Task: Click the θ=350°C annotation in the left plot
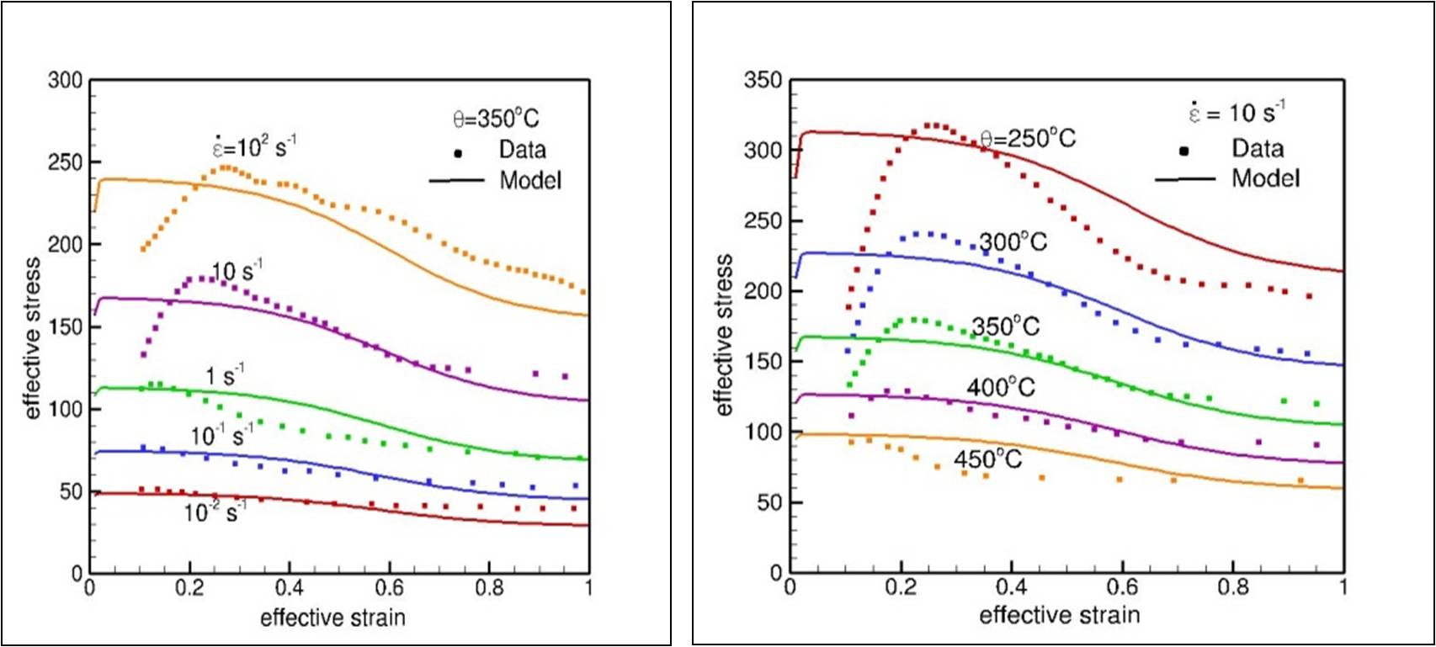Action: pyautogui.click(x=496, y=119)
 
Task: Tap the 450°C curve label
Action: pyautogui.click(x=987, y=459)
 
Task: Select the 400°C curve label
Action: pyautogui.click(x=1001, y=387)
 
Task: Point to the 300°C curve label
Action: pyautogui.click(x=1013, y=242)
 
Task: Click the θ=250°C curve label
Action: pyautogui.click(x=1028, y=138)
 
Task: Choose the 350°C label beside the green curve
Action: pyautogui.click(x=1006, y=326)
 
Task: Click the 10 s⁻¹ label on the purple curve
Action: pyautogui.click(x=237, y=271)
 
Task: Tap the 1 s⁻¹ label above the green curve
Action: pyautogui.click(x=225, y=375)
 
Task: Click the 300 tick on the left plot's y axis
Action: pyautogui.click(x=65, y=81)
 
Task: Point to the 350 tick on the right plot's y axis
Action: pyautogui.click(x=763, y=81)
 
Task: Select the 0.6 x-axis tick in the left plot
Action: pyautogui.click(x=389, y=587)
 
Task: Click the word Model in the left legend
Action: pyautogui.click(x=530, y=180)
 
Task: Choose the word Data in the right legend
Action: pyautogui.click(x=1258, y=149)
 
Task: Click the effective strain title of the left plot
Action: pyautogui.click(x=332, y=618)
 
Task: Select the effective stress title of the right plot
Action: pyautogui.click(x=724, y=335)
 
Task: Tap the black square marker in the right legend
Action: pyautogui.click(x=1183, y=151)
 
